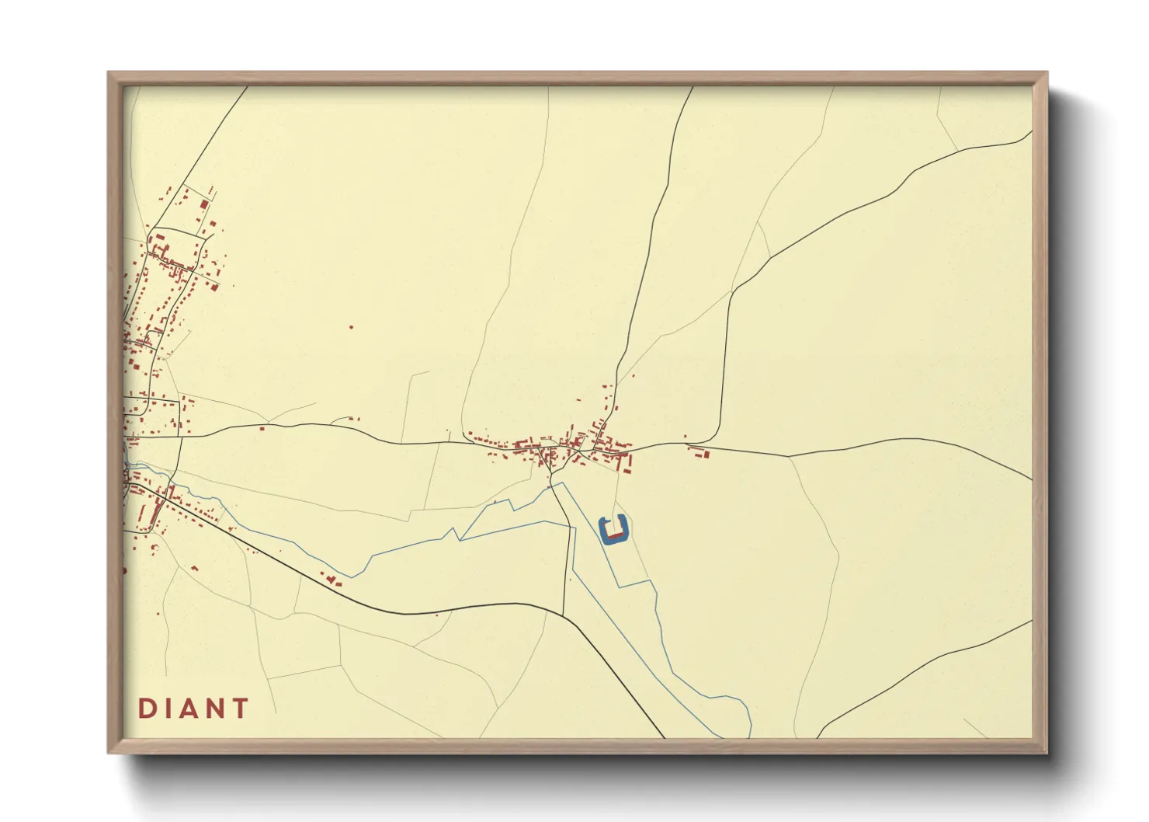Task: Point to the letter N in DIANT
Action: pyautogui.click(x=215, y=709)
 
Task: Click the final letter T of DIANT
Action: pyautogui.click(x=240, y=709)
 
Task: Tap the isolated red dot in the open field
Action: pyautogui.click(x=351, y=327)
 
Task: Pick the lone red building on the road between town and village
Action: pyautogui.click(x=262, y=427)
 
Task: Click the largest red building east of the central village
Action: pyautogui.click(x=705, y=454)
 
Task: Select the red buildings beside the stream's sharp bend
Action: pyautogui.click(x=332, y=579)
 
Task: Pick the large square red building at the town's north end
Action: pyautogui.click(x=204, y=204)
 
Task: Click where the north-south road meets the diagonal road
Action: pyautogui.click(x=564, y=614)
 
